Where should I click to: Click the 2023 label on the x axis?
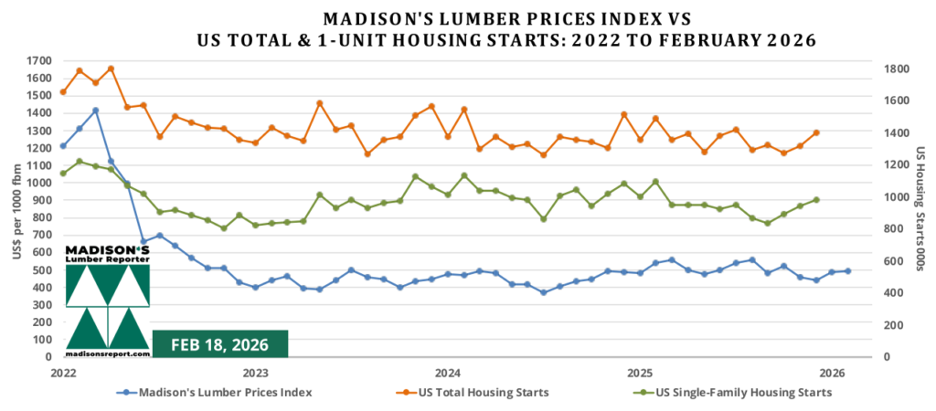pos(255,373)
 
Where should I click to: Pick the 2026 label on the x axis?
pos(831,373)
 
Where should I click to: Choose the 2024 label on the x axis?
pos(448,373)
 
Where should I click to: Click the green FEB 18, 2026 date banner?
pos(219,343)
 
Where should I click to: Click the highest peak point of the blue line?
pos(95,111)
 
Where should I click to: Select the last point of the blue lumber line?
pos(847,270)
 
